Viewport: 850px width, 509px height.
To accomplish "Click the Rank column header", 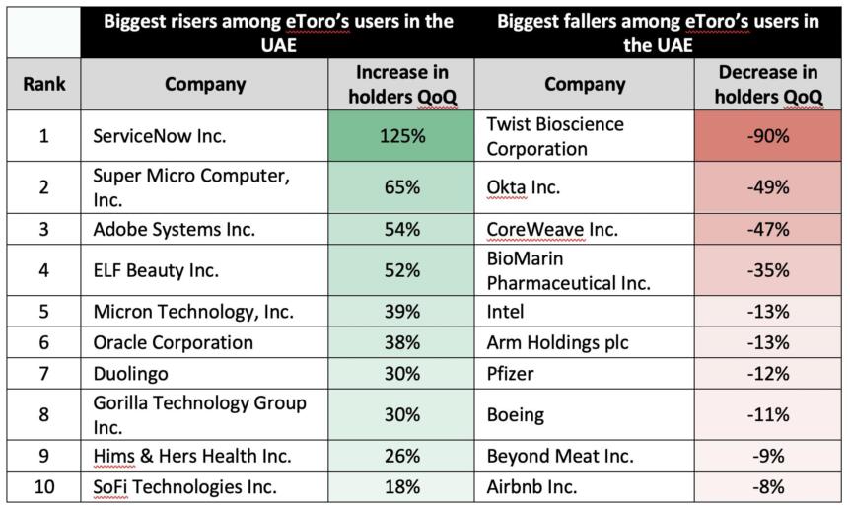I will coord(43,84).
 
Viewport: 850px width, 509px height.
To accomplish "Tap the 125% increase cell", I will coord(402,136).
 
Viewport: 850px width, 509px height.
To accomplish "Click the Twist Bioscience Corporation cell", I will coord(557,137).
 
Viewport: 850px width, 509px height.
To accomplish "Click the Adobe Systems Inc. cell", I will coord(175,229).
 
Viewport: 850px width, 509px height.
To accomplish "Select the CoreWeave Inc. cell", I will coord(553,229).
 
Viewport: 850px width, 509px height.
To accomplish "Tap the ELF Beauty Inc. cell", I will coord(156,270).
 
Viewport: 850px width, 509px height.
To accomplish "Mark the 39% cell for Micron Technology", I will coord(402,312).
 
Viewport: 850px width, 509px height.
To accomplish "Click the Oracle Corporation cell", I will coord(174,343).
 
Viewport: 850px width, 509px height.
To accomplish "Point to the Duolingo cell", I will coord(131,374).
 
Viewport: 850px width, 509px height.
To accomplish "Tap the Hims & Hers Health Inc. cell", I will coord(192,456).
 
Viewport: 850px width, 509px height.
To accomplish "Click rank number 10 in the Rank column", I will coord(43,486).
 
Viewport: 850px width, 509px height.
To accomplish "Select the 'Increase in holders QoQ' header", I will coord(402,84).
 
